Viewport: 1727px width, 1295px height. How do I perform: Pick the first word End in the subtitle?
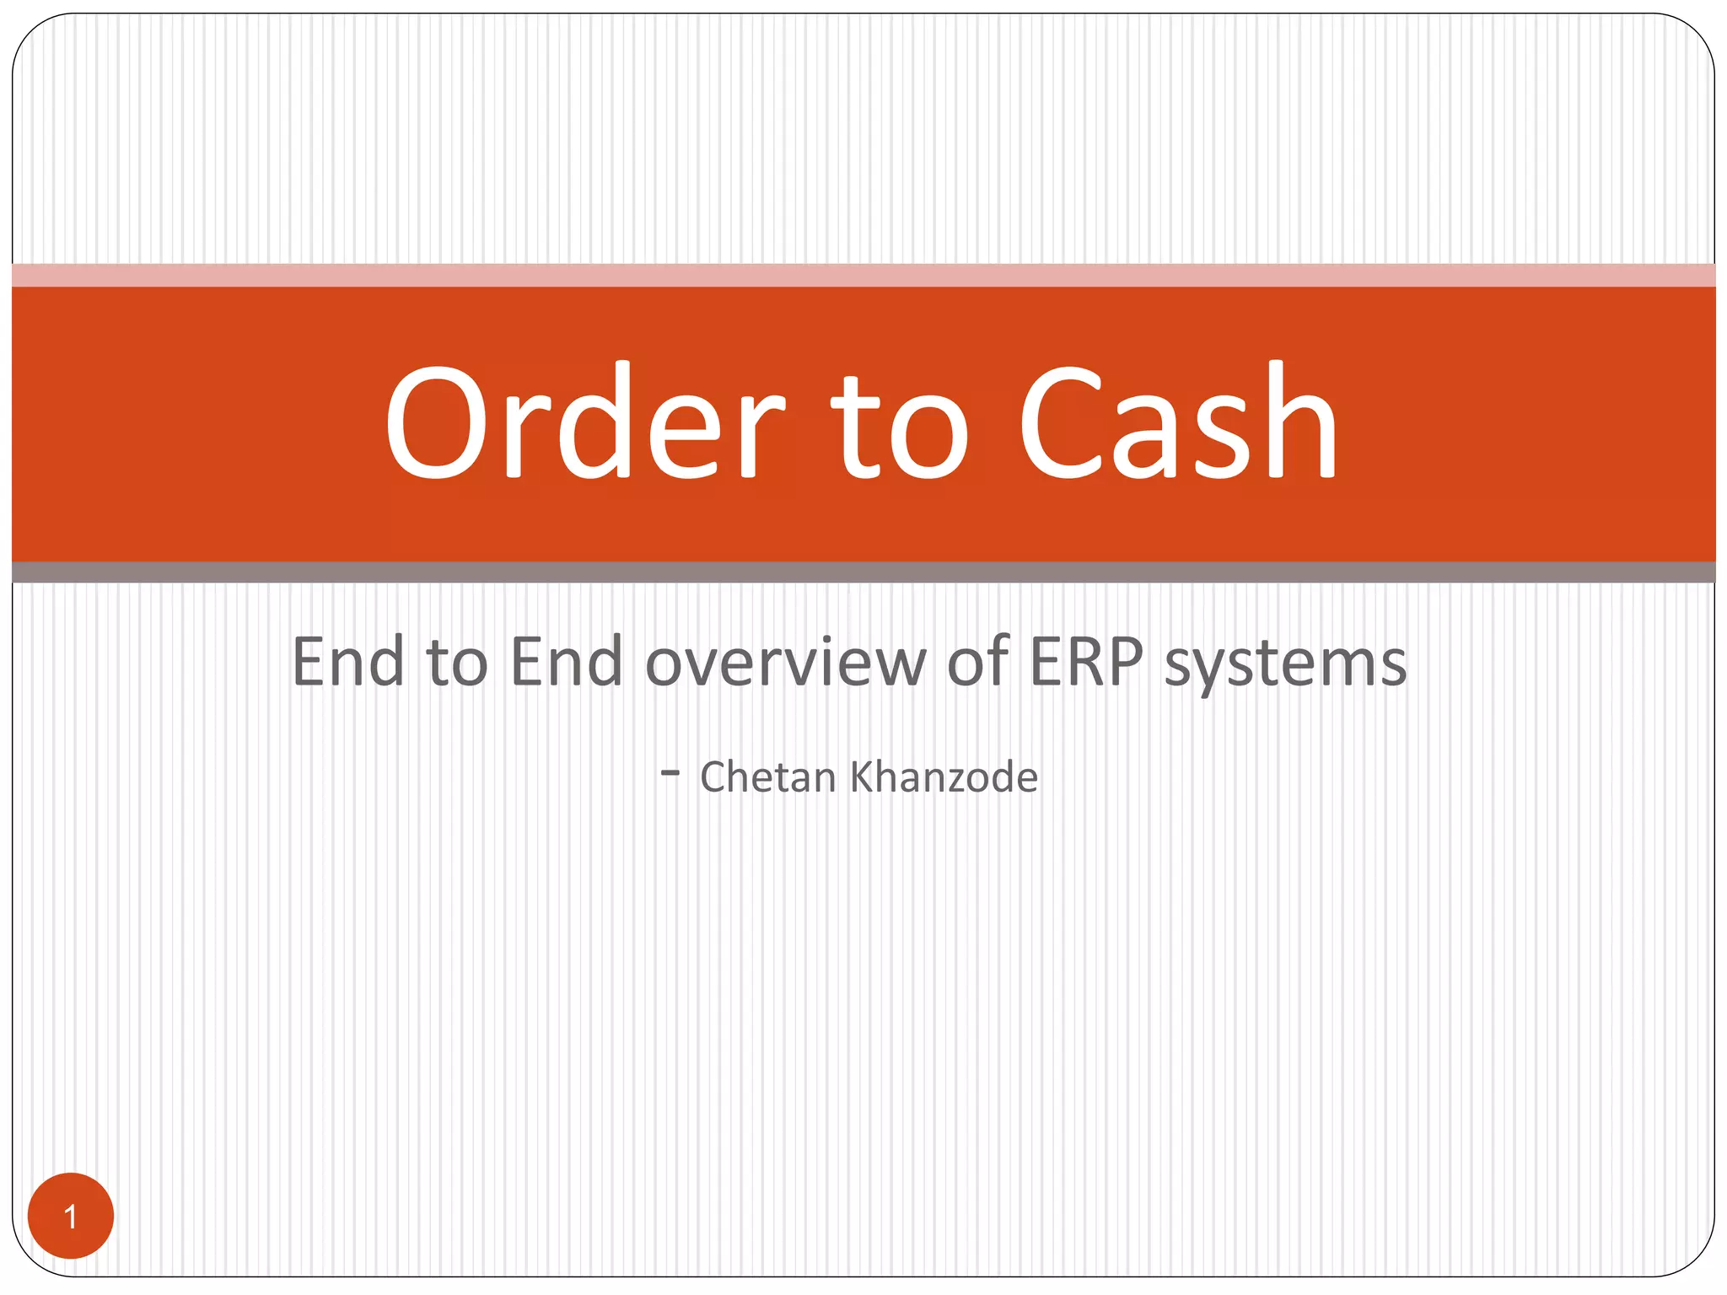[347, 662]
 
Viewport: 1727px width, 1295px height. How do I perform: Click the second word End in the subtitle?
[566, 662]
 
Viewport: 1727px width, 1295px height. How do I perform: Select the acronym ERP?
[1086, 662]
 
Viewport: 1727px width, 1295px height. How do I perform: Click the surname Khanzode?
[944, 776]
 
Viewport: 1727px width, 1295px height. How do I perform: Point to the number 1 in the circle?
[71, 1217]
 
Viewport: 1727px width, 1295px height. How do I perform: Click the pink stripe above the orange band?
[863, 275]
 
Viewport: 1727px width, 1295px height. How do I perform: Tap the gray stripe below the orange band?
[863, 572]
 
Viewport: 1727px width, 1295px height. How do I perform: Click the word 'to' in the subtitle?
[457, 662]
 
